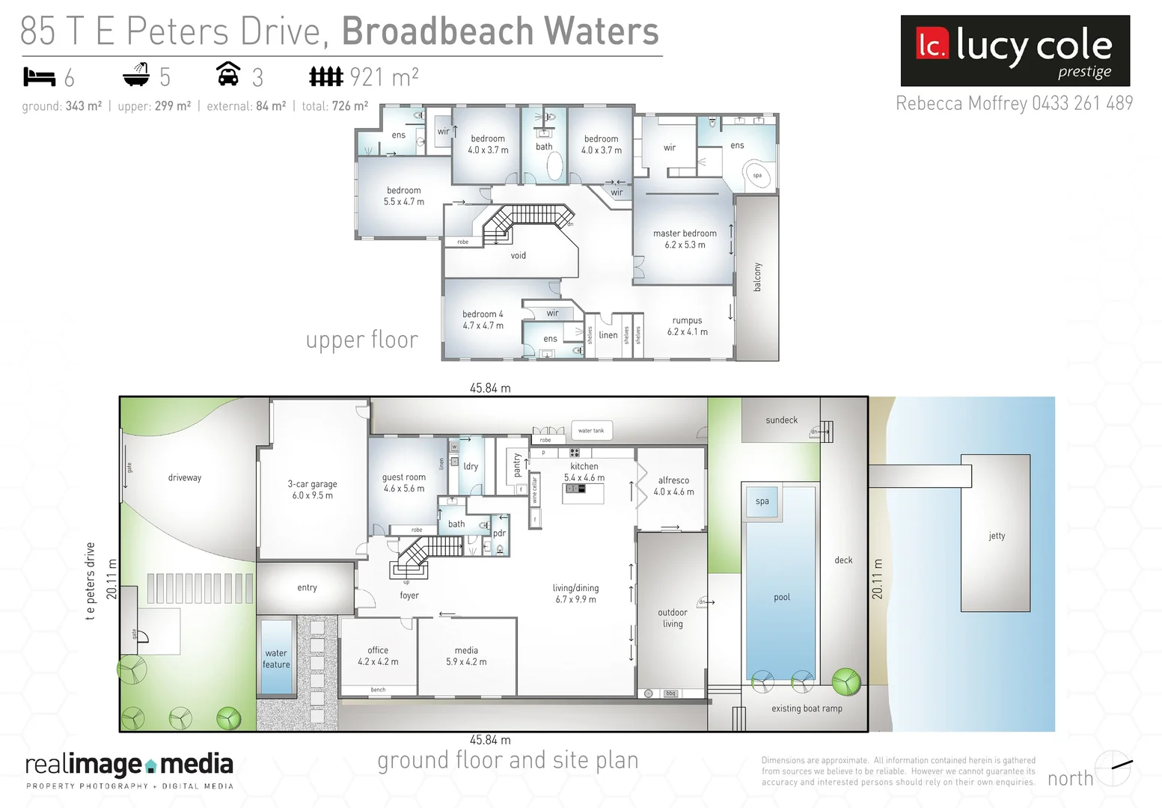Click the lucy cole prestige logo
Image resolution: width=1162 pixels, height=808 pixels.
tap(1015, 51)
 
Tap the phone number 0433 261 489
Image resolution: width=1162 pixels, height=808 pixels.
tap(1082, 103)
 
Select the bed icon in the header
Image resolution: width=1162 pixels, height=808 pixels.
tap(40, 76)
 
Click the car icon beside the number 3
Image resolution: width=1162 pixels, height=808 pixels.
tap(228, 75)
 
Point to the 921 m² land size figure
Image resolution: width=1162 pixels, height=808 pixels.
tap(384, 76)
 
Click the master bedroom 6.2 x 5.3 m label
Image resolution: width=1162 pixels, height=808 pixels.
tap(685, 239)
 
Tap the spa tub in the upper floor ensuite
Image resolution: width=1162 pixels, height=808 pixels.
tap(757, 175)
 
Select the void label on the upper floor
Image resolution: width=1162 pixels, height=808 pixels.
tap(518, 256)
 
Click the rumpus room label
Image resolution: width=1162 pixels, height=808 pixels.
tap(687, 325)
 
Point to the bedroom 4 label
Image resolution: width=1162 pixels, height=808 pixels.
tap(483, 319)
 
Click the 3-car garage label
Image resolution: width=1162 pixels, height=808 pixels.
tap(312, 489)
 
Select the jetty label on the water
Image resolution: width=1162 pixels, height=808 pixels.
tap(997, 536)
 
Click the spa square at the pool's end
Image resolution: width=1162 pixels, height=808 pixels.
tap(762, 501)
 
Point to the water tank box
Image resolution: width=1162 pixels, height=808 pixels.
tap(591, 430)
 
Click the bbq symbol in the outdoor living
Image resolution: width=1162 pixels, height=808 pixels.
tap(671, 694)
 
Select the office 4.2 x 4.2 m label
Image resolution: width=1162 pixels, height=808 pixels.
tap(378, 656)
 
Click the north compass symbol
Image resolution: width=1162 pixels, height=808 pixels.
tap(1113, 768)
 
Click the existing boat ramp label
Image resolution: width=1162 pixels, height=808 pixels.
tap(807, 708)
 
